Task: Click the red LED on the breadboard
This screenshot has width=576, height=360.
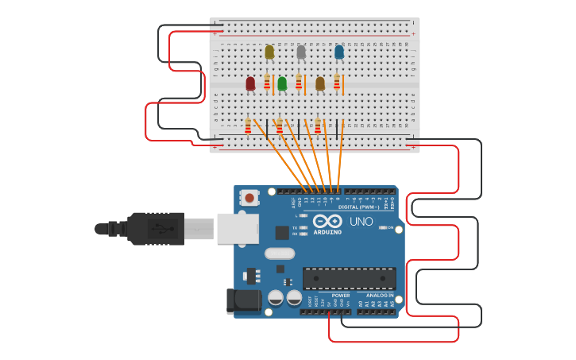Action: point(250,83)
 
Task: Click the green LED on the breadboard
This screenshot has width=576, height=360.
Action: point(282,83)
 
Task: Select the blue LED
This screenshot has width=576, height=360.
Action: point(339,52)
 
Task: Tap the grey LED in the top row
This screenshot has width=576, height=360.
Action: point(301,53)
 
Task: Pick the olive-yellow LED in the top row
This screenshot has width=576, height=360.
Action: point(269,52)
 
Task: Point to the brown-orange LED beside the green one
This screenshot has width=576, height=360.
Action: point(320,83)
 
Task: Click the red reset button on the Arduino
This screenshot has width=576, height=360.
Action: point(249,198)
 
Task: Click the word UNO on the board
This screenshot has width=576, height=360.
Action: point(361,222)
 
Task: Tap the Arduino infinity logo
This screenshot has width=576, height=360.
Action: point(327,221)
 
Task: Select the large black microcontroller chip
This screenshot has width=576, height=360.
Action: point(349,279)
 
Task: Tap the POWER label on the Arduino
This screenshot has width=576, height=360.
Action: point(341,295)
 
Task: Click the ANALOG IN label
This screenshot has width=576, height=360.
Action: point(380,295)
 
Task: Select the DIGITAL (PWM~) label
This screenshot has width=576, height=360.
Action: point(360,207)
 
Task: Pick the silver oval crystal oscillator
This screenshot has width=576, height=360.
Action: point(274,254)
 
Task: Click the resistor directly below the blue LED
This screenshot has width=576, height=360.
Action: point(337,82)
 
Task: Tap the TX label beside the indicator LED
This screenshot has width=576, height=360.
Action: point(295,227)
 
